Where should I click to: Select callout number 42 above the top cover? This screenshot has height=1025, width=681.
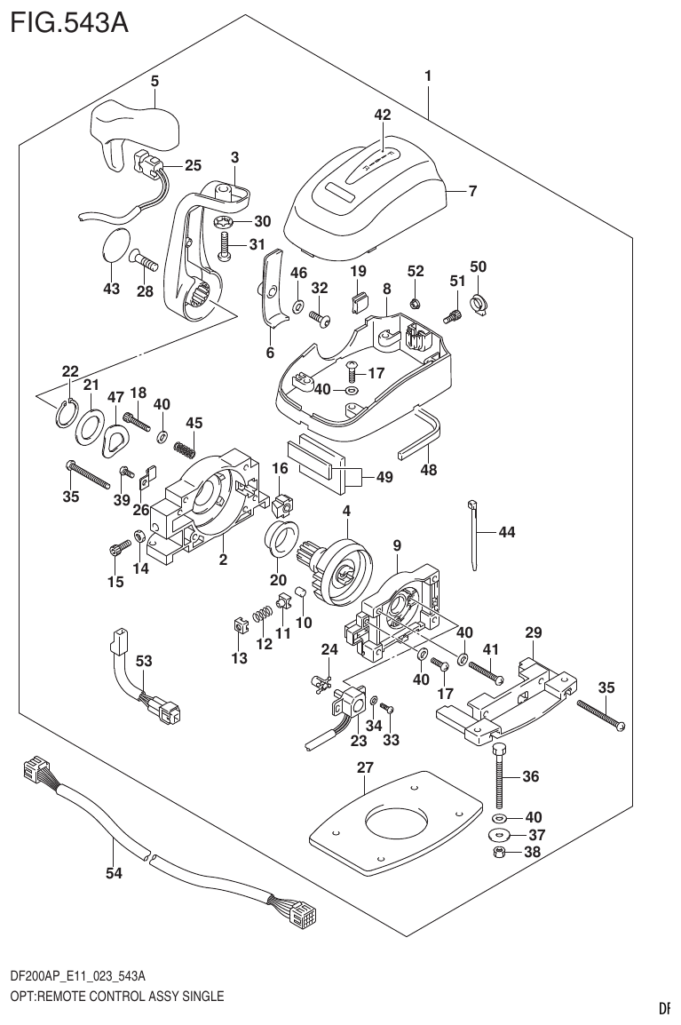click(382, 115)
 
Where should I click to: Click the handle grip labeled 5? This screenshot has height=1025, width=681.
click(133, 128)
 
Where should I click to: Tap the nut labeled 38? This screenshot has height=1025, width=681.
click(500, 854)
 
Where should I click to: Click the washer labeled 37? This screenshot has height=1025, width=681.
click(500, 835)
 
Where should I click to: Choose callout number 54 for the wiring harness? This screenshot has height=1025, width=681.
click(112, 873)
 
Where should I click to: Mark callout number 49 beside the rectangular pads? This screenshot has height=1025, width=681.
click(384, 477)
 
